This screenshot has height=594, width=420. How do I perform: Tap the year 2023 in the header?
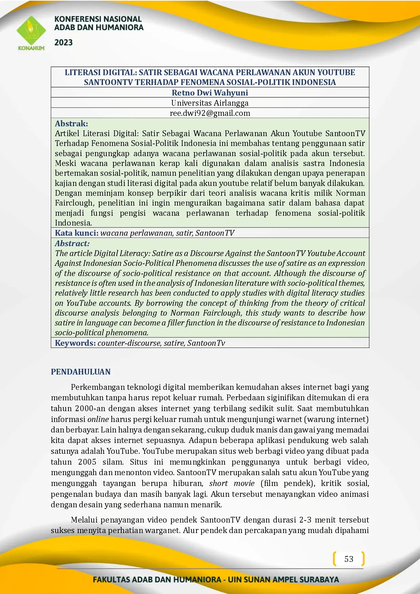(x=64, y=43)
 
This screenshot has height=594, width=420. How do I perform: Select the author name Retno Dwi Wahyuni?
(x=210, y=93)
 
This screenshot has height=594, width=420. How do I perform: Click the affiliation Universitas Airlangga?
(x=210, y=103)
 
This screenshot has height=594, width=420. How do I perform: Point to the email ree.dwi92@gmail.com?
(x=210, y=113)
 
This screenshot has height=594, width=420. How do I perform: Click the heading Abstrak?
(x=71, y=124)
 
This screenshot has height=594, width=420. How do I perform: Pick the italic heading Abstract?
(x=72, y=243)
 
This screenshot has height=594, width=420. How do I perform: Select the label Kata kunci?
(x=77, y=233)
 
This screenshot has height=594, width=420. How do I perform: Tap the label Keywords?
(x=75, y=343)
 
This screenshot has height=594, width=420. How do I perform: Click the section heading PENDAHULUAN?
(x=81, y=372)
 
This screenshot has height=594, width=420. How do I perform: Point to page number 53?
(x=349, y=559)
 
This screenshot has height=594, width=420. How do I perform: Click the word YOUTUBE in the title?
(x=336, y=72)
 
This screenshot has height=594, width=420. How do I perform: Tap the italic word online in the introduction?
(x=98, y=419)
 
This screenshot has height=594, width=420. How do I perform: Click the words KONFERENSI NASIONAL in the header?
(x=98, y=19)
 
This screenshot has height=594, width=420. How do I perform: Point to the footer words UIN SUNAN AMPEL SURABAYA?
(x=283, y=579)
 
